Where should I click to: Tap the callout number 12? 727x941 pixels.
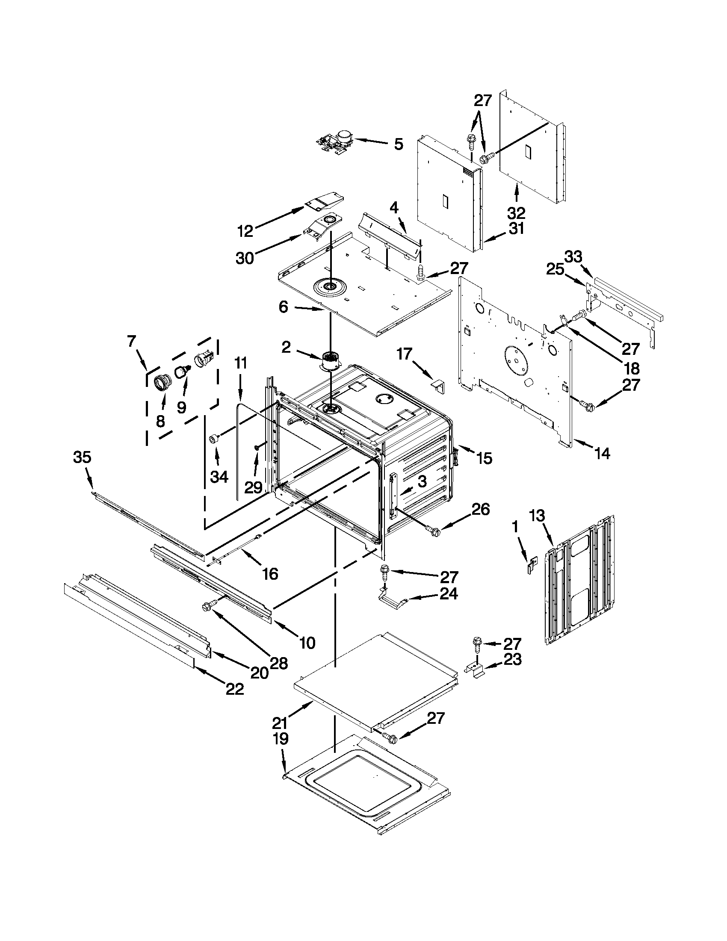245,231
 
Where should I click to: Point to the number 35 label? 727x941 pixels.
82,457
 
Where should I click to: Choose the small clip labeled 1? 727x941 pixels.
533,564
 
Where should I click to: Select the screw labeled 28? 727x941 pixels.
207,606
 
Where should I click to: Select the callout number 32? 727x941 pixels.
516,212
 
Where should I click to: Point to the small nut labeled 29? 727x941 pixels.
257,448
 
